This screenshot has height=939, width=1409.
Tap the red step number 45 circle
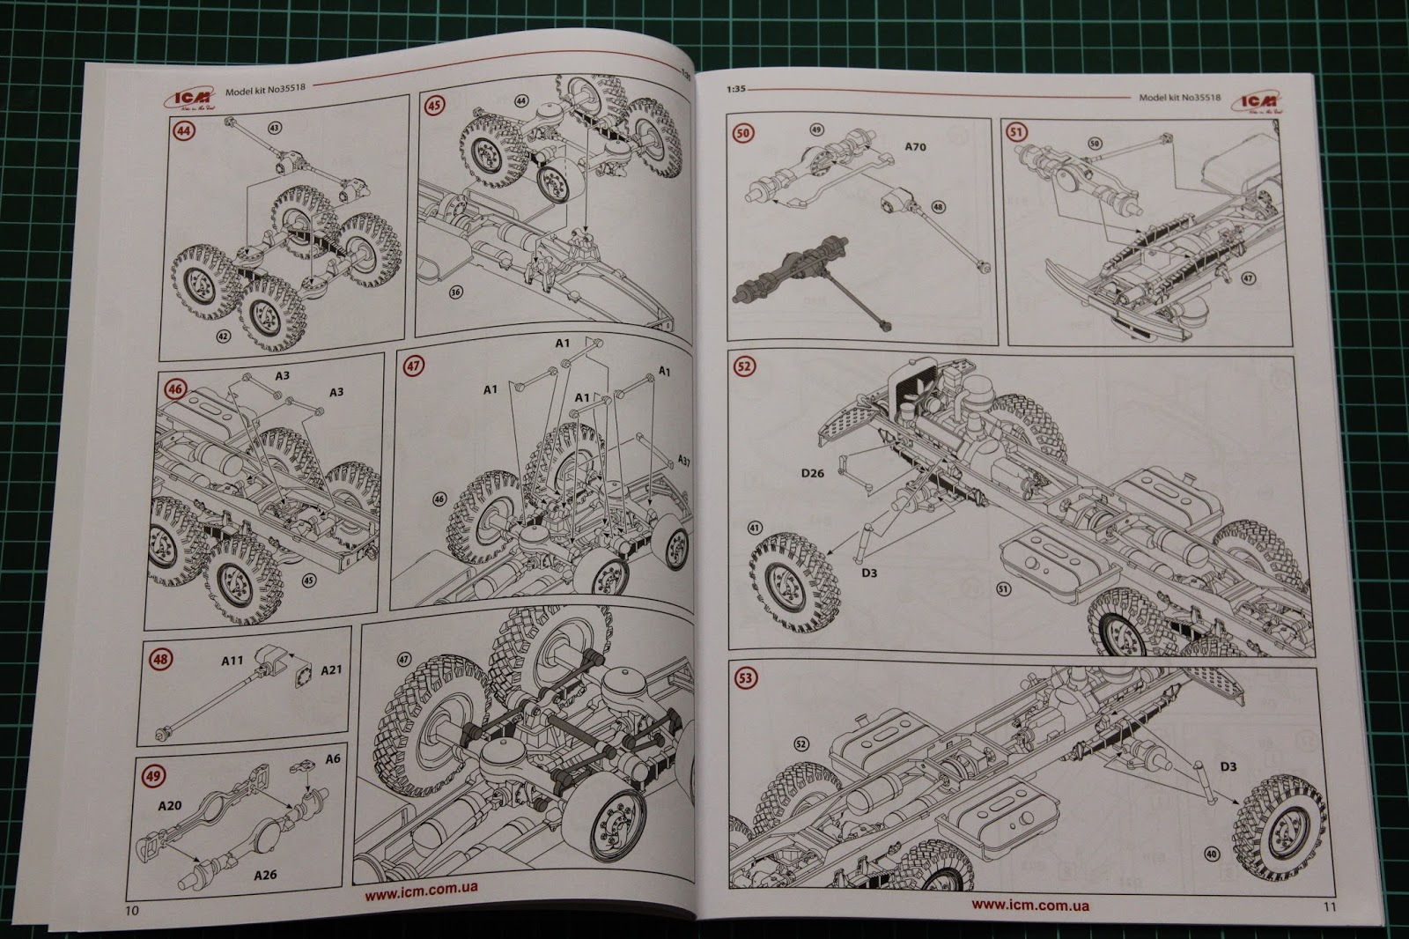433,106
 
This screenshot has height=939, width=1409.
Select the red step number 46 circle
176,388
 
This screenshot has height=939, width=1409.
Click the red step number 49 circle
154,776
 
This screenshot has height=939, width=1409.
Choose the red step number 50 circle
743,135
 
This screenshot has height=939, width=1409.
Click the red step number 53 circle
746,677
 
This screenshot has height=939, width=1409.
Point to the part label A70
916,147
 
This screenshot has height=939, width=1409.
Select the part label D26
813,473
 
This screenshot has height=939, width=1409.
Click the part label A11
232,660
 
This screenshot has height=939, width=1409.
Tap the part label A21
331,670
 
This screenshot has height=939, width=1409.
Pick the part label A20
169,806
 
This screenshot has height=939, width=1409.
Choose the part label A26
266,875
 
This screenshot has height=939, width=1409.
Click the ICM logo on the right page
1262,104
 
